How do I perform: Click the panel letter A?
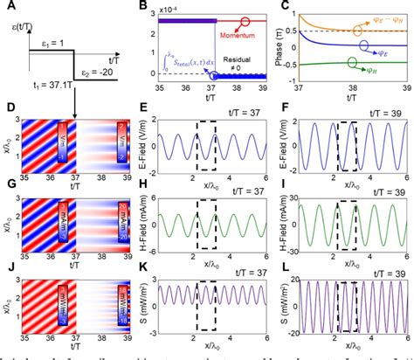point(8,8)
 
